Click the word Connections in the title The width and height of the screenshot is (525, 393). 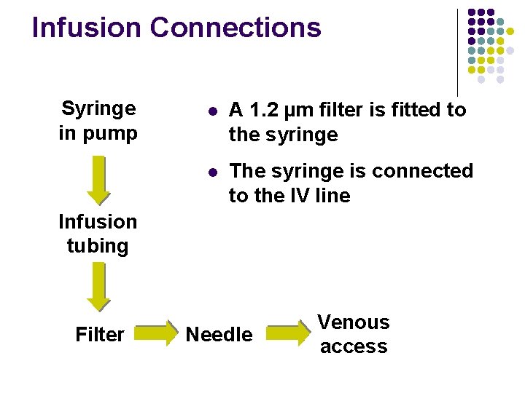click(235, 28)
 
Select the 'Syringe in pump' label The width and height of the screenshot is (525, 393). click(98, 121)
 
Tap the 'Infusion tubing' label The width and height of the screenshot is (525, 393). click(98, 233)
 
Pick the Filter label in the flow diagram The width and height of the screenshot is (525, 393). click(100, 335)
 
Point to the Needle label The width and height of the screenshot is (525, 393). click(219, 335)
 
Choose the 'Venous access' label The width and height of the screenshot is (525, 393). click(354, 334)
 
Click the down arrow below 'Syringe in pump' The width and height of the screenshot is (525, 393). click(98, 179)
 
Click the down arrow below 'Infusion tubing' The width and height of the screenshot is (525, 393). click(98, 286)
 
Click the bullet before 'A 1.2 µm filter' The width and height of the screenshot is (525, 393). click(211, 111)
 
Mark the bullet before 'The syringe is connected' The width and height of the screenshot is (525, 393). click(211, 172)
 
